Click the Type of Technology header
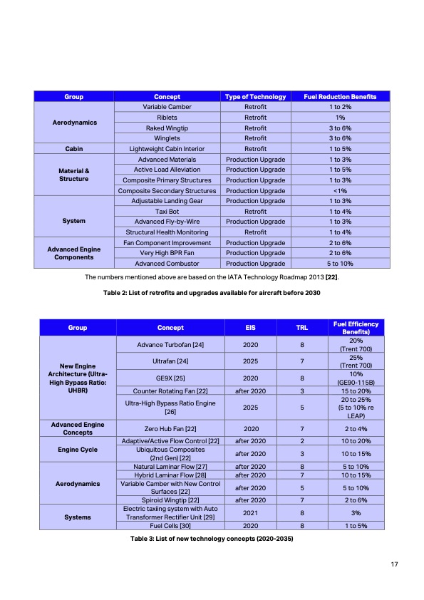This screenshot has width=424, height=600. [x=255, y=97]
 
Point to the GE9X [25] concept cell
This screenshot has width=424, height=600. [x=170, y=376]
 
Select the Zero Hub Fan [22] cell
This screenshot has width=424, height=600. [x=170, y=430]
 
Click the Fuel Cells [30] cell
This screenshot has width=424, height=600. [x=170, y=526]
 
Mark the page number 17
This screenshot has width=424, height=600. [x=393, y=565]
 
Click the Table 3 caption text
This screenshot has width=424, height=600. [x=212, y=538]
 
